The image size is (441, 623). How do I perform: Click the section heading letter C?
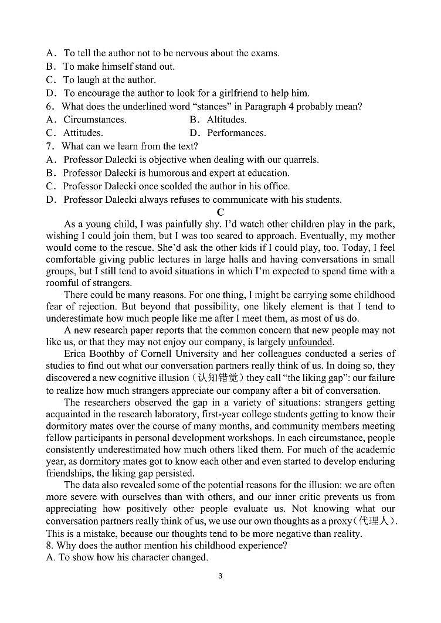[220, 212]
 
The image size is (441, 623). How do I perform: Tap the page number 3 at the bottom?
[220, 576]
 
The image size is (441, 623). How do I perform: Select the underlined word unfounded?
[310, 342]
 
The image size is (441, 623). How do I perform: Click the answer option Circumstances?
[94, 120]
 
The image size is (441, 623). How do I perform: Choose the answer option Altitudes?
[226, 120]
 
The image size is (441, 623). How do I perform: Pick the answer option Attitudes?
[83, 133]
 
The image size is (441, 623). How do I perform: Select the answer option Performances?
[236, 133]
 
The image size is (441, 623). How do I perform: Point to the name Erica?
[76, 354]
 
